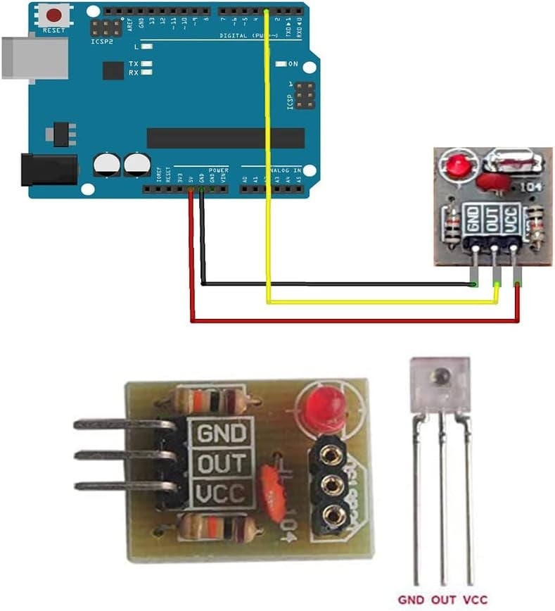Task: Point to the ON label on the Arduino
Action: (x=293, y=64)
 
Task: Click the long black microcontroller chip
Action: (x=225, y=138)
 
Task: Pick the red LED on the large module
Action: (x=324, y=408)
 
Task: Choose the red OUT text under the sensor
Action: (x=443, y=600)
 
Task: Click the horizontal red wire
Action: (x=352, y=321)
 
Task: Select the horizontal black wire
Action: (x=338, y=284)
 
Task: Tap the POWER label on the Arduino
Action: (x=218, y=170)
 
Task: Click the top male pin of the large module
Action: (x=120, y=424)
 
